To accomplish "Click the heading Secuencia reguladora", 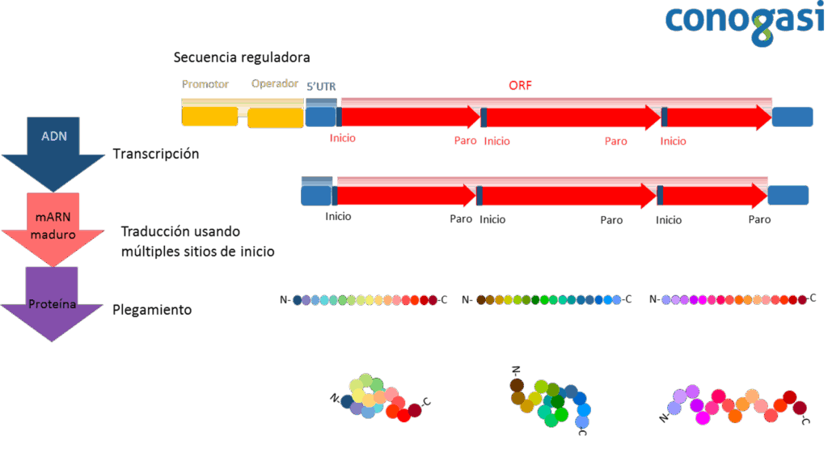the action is (242, 57).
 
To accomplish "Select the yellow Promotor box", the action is (209, 116).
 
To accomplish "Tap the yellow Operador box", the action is (276, 118).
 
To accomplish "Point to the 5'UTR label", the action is (321, 87).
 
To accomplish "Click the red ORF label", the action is (520, 86).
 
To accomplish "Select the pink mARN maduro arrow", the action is (53, 230).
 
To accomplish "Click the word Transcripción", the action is (156, 155).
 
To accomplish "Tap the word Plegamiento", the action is (152, 310).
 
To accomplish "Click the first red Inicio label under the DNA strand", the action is (343, 138).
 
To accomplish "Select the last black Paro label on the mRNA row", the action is (759, 220).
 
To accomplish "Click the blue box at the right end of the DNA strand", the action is (792, 116).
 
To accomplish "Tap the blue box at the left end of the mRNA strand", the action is (316, 195).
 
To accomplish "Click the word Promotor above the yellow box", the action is (205, 84).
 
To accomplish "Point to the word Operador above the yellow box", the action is (275, 83).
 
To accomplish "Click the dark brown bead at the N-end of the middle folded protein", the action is (517, 385).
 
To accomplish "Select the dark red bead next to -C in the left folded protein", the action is (415, 410).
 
